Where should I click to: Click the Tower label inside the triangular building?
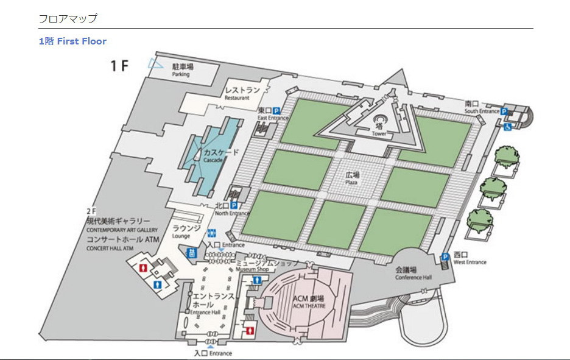(x=379, y=129)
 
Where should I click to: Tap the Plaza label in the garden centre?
(x=353, y=177)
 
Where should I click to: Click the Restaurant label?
(x=242, y=93)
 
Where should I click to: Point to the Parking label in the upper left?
(x=182, y=70)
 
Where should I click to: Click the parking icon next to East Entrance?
(x=276, y=110)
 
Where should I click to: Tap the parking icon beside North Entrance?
(x=233, y=205)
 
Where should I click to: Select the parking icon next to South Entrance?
(x=504, y=111)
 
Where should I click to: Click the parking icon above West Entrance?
(x=446, y=257)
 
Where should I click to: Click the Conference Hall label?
(x=413, y=273)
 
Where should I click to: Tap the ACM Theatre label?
(x=309, y=301)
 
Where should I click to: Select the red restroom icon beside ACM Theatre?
(x=250, y=331)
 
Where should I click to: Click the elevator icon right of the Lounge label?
(x=213, y=233)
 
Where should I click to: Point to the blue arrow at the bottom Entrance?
(x=211, y=347)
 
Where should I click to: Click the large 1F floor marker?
(x=119, y=66)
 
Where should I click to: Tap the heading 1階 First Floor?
(x=72, y=41)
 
